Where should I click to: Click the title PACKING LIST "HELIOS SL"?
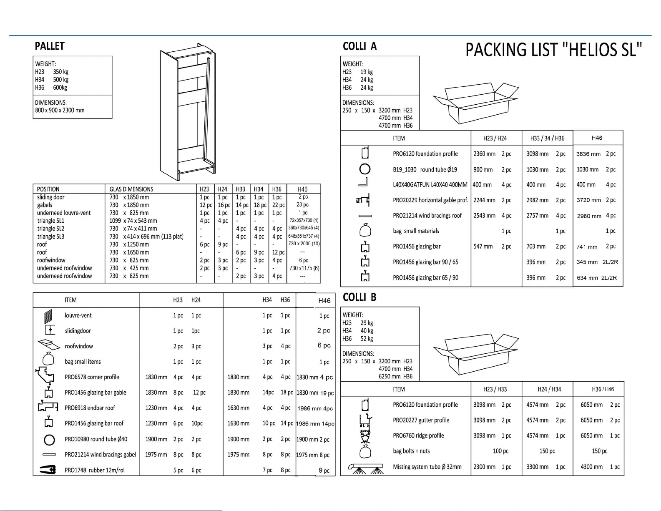[x=554, y=50]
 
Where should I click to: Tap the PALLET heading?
[x=50, y=46]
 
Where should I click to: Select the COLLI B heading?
[x=359, y=297]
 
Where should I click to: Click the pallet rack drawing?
[x=188, y=112]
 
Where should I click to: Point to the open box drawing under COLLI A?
[x=475, y=103]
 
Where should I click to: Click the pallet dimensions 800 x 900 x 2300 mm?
[x=60, y=110]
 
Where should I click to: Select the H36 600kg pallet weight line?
[x=51, y=88]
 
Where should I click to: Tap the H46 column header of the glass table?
[x=302, y=189]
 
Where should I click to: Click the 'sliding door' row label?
[x=51, y=197]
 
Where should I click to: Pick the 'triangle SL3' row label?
[x=51, y=237]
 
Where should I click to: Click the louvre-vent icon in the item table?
[x=48, y=316]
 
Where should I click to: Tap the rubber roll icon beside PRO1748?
[x=48, y=470]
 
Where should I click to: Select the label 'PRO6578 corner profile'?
[x=92, y=377]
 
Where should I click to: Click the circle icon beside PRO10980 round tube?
[x=49, y=440]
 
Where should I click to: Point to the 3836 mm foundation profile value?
[x=588, y=154]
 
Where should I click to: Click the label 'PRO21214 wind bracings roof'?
[x=427, y=216]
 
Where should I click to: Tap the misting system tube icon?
[x=366, y=469]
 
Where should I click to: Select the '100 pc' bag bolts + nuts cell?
[x=500, y=451]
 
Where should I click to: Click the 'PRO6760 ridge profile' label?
[x=418, y=435]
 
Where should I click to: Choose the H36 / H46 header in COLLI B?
[x=603, y=389]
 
